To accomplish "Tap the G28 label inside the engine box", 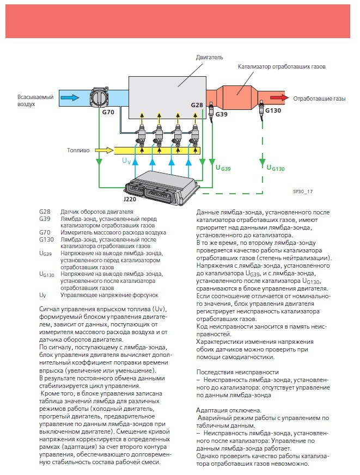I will tap(197, 104).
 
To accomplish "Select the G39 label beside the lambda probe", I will tap(222, 115).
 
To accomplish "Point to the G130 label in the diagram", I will tap(273, 110).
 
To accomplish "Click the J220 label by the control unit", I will tap(130, 200).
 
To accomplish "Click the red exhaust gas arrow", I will tap(280, 98).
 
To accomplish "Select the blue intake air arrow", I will tap(70, 98).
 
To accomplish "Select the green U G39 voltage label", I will tap(223, 169).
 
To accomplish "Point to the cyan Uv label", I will tap(126, 161).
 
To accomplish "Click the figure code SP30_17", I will tap(296, 192).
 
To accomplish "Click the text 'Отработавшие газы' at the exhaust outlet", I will tap(320, 99).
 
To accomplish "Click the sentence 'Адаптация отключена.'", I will tap(223, 410).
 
